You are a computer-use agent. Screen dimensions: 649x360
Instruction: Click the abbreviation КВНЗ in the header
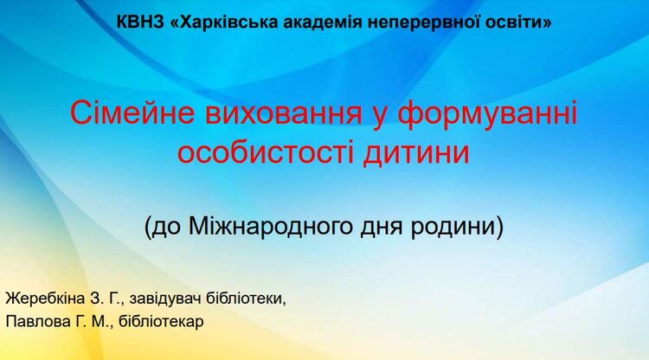(140, 22)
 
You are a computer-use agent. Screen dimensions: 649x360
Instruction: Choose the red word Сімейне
(132, 112)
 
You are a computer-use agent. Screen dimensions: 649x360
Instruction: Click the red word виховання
(284, 113)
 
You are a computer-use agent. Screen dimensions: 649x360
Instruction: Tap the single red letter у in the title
(381, 118)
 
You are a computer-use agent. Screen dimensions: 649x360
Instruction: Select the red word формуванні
(487, 114)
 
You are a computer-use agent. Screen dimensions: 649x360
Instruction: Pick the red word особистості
(266, 152)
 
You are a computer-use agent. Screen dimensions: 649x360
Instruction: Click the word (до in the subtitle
(163, 227)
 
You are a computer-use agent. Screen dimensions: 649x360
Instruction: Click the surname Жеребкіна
(45, 299)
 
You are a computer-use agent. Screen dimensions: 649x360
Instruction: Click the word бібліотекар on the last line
(161, 322)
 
